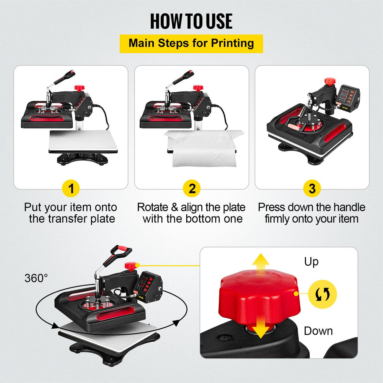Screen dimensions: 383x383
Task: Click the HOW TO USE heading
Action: click(191, 21)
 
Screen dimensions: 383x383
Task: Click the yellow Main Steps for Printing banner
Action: click(191, 43)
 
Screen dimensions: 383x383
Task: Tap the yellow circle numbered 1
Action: click(71, 189)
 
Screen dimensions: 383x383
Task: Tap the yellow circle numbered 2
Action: click(192, 189)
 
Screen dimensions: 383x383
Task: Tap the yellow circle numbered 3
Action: click(312, 189)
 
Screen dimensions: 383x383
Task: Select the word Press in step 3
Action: click(271, 207)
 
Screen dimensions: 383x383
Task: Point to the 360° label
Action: click(36, 278)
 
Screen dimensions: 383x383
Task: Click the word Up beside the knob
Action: click(311, 262)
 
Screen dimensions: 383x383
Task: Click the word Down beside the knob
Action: click(318, 331)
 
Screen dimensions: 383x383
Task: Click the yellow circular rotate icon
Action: click(322, 294)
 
